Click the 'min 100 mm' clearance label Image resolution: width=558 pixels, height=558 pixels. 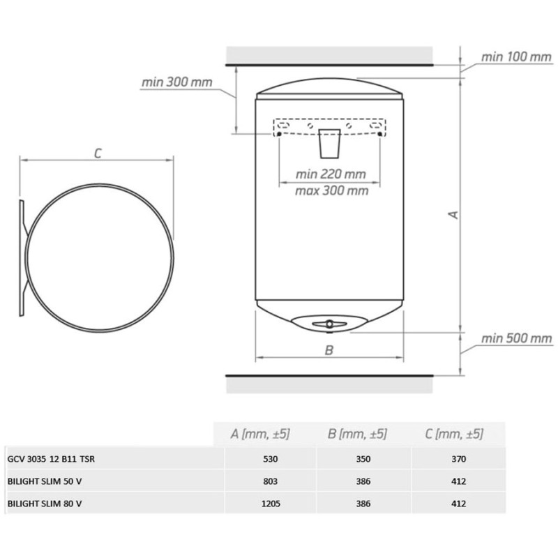click(516, 57)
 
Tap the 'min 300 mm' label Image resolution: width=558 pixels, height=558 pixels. click(177, 82)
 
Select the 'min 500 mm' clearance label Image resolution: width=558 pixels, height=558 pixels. click(516, 338)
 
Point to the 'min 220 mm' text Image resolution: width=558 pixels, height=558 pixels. click(331, 174)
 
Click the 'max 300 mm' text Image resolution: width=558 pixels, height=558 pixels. click(332, 190)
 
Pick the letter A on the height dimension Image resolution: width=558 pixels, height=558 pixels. click(453, 215)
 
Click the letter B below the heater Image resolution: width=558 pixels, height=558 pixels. click(329, 350)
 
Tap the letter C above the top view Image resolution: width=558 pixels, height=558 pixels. click(98, 153)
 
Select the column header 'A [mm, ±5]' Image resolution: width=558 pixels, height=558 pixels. click(260, 434)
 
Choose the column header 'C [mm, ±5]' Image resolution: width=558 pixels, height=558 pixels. click(454, 434)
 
